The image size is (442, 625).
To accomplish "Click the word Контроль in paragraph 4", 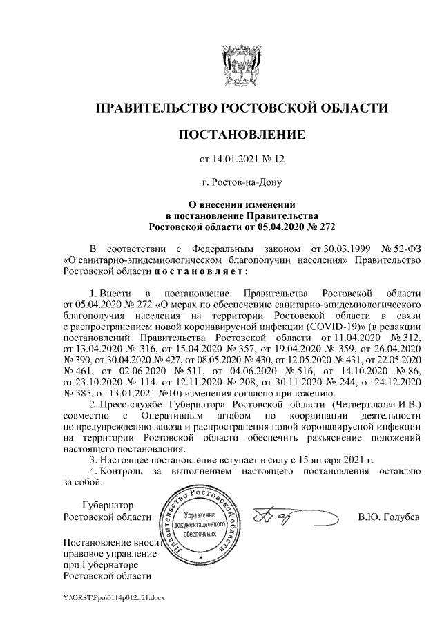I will click(122, 471).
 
